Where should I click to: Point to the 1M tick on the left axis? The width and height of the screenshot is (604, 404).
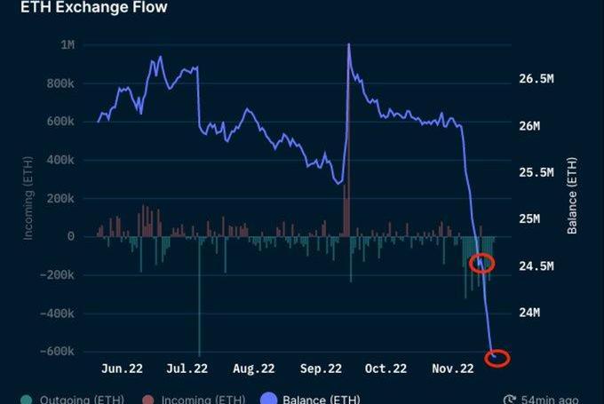tap(64, 45)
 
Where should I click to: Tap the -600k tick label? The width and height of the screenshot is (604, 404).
tap(55, 352)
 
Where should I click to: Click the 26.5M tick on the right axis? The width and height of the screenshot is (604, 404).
tap(536, 79)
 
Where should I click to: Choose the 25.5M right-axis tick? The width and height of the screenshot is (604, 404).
tap(536, 172)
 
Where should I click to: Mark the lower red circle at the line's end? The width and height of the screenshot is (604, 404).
tap(497, 358)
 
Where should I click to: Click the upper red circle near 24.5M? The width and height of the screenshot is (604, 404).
tap(481, 263)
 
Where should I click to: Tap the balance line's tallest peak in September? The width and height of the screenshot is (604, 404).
tap(348, 44)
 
